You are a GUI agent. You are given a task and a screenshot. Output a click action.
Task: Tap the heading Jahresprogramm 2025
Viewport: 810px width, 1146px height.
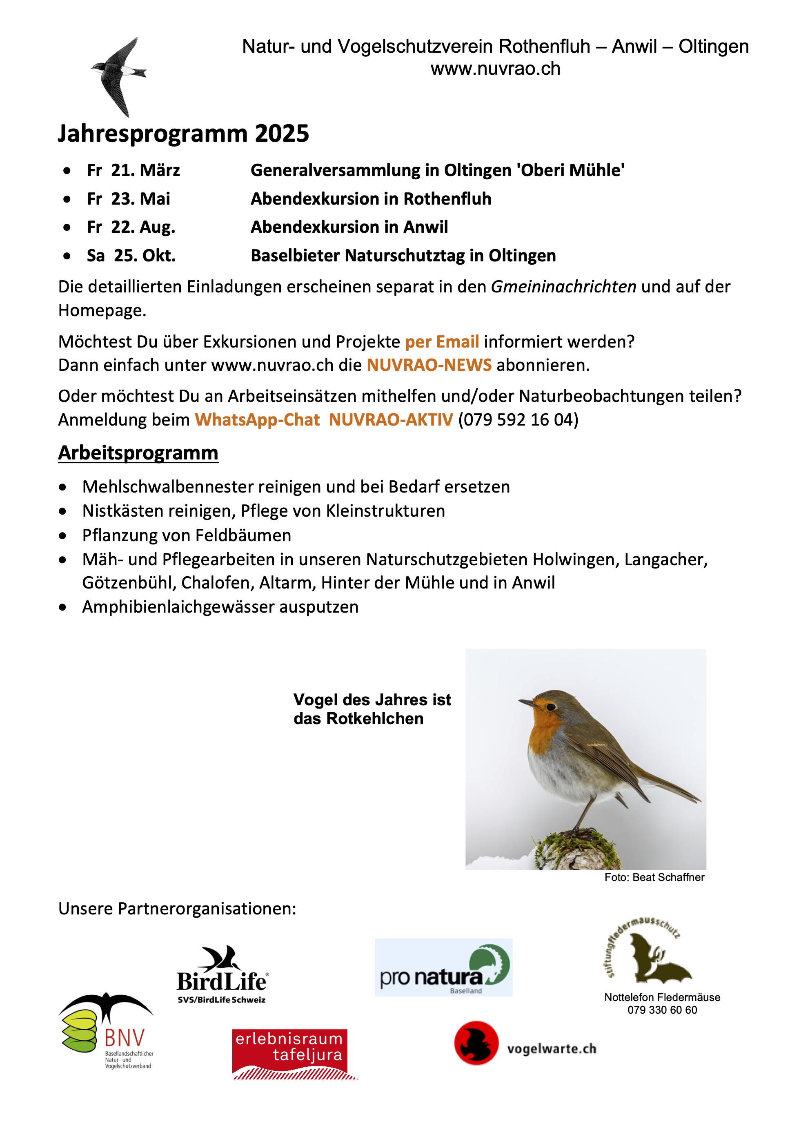183,134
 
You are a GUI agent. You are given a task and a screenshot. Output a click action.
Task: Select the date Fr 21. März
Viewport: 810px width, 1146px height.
133,171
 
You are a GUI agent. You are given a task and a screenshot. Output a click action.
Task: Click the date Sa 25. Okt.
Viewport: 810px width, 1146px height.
131,256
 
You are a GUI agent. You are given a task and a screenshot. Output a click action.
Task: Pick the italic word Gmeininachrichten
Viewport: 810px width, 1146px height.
563,287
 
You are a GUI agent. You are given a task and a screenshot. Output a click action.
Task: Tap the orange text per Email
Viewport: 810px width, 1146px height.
442,342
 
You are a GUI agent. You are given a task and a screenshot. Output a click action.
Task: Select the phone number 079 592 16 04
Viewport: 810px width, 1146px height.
518,420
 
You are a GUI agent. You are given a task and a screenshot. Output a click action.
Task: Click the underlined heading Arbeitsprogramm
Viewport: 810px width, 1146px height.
138,453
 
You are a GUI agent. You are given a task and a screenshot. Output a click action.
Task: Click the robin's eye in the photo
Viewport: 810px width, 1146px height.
550,707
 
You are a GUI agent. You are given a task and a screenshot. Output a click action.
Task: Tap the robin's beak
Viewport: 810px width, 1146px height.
525,703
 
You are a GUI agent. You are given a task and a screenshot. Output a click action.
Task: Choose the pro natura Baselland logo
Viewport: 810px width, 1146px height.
443,967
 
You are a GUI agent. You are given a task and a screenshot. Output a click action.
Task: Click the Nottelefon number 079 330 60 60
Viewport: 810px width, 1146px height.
662,1010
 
